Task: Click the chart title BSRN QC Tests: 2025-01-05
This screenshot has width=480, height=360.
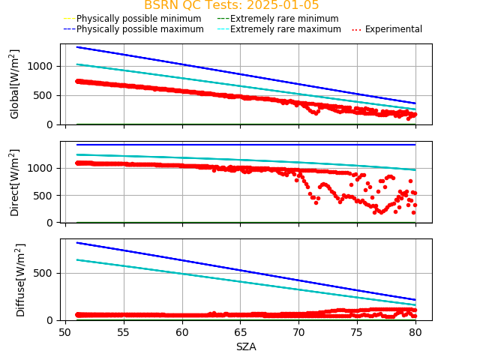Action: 231,5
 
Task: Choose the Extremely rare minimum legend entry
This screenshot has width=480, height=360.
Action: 277,19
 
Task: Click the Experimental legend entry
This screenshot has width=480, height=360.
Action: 387,29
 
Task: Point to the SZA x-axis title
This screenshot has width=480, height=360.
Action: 246,346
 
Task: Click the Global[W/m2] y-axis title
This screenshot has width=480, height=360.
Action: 15,84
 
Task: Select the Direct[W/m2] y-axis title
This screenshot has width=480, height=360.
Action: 15,182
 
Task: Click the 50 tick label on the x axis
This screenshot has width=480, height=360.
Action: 65,331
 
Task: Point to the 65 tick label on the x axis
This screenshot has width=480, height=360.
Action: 240,331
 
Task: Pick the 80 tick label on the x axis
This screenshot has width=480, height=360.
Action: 415,331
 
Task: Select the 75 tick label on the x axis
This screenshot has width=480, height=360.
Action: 356,331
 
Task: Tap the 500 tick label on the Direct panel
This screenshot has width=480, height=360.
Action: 46,196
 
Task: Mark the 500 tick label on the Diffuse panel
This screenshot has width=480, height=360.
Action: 46,273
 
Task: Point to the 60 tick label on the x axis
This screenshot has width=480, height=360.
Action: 181,331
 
